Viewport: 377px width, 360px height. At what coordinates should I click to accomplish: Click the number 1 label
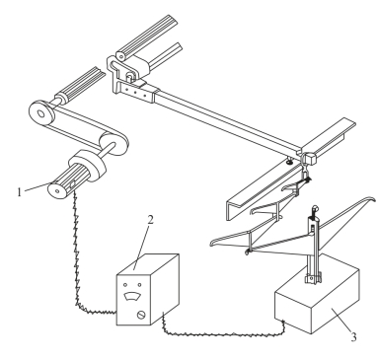[x=19, y=191]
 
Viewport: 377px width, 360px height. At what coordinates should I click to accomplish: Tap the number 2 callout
[x=150, y=219]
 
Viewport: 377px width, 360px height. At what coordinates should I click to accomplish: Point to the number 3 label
[x=353, y=337]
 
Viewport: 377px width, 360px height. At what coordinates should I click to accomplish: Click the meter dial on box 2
[x=132, y=296]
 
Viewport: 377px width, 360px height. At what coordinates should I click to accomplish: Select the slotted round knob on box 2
[x=141, y=315]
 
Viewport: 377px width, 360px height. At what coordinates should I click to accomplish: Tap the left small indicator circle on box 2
[x=125, y=285]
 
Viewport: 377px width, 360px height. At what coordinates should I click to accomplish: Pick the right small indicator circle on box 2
[x=139, y=285]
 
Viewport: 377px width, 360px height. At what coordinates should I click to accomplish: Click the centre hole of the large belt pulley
[x=41, y=114]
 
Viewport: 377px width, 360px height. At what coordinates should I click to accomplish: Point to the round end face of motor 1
[x=56, y=190]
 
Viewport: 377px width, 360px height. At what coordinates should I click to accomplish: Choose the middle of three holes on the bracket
[x=135, y=92]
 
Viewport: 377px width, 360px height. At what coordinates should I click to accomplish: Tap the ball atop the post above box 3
[x=315, y=208]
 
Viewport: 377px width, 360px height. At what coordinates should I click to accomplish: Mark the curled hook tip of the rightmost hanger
[x=372, y=199]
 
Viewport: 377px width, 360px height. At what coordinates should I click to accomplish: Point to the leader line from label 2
[x=142, y=248]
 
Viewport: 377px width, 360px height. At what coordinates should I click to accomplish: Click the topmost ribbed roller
[x=147, y=37]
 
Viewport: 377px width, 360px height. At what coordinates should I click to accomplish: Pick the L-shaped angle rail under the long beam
[x=264, y=186]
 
